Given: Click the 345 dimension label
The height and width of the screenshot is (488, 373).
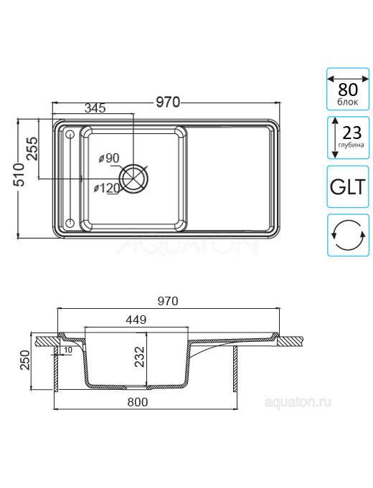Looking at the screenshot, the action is [x=95, y=108].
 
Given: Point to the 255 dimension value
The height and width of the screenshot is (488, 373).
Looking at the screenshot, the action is [x=32, y=148].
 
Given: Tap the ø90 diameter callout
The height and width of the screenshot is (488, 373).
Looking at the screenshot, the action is [x=109, y=158].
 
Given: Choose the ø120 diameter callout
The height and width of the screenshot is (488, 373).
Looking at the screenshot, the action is [x=107, y=188].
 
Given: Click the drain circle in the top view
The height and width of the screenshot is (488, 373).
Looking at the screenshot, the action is [x=133, y=178].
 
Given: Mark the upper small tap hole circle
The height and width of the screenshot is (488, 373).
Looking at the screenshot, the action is [x=70, y=135].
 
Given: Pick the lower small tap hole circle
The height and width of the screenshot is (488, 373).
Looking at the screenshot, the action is [x=70, y=223].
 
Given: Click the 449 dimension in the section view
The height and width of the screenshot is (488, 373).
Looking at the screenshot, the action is [x=136, y=320].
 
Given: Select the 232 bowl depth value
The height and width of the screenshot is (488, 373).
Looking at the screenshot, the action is [x=139, y=357].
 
